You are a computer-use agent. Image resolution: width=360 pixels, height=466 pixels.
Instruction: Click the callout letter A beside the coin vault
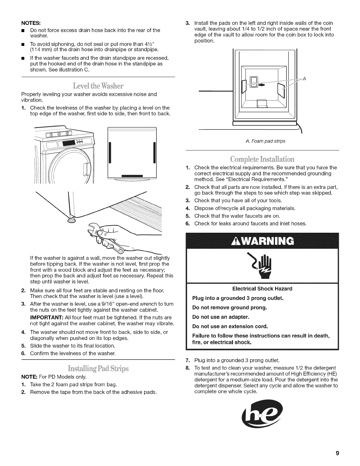[304, 79]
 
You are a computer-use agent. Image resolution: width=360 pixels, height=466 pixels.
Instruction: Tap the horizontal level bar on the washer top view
[132, 176]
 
